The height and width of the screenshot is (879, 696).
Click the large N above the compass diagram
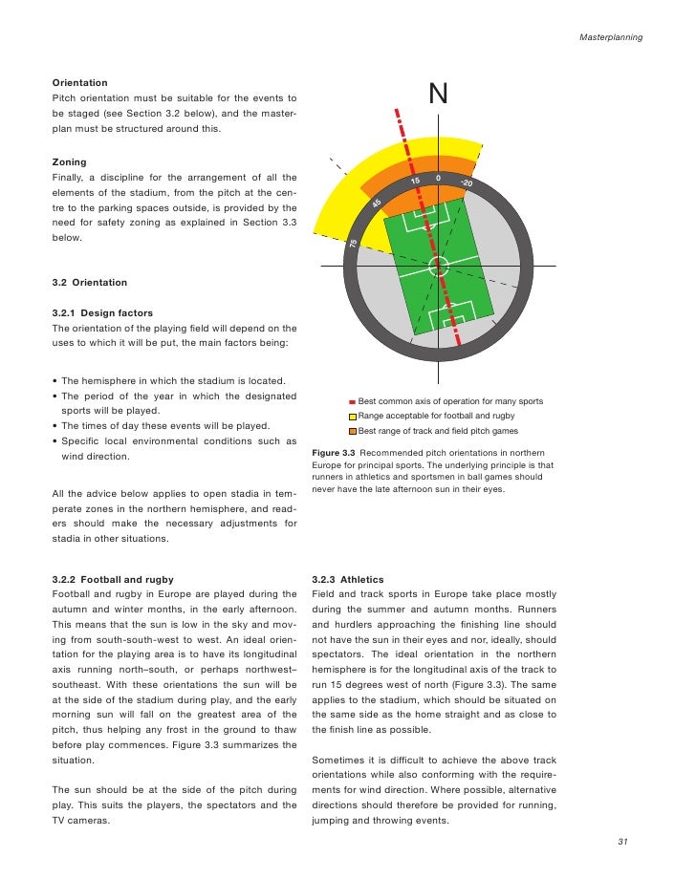tap(438, 95)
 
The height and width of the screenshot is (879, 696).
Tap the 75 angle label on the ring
tap(353, 245)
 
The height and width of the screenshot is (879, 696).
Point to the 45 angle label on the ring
tap(378, 204)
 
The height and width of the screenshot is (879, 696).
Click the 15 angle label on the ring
tap(415, 182)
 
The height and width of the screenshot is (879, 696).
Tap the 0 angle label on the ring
tap(438, 178)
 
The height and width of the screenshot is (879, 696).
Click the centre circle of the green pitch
tap(438, 266)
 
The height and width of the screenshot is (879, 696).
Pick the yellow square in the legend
tap(352, 417)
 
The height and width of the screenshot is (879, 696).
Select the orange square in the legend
tap(352, 431)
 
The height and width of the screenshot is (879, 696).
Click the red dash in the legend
tap(352, 402)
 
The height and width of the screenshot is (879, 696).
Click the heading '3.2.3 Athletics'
tap(347, 579)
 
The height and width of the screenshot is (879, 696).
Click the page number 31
tap(623, 841)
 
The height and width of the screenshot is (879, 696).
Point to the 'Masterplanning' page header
tap(611, 37)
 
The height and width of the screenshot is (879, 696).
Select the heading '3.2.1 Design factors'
tap(101, 312)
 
